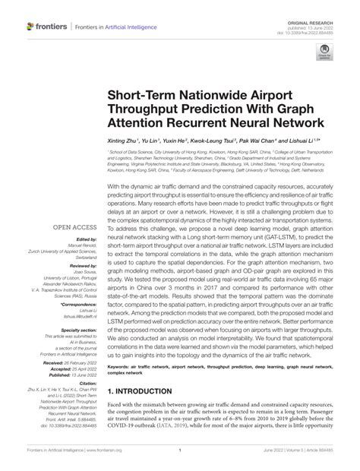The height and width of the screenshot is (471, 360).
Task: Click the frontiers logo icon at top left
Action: (x=31, y=26)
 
